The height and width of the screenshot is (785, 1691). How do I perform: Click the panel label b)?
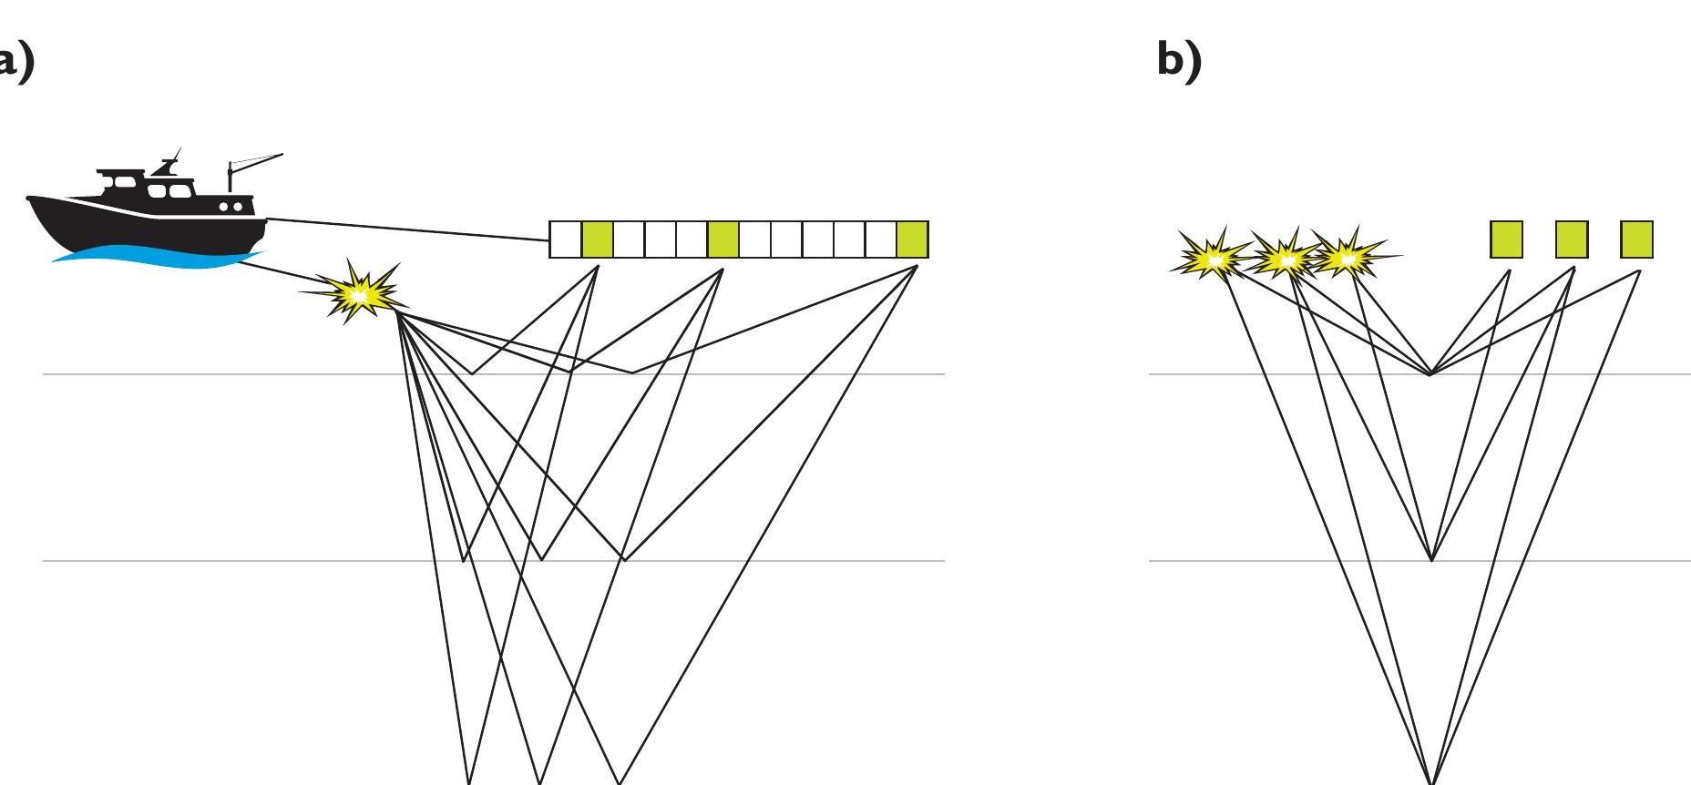click(x=1179, y=62)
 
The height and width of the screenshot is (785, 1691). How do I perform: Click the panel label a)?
click(x=16, y=62)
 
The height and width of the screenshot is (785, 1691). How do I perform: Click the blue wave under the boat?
click(x=155, y=258)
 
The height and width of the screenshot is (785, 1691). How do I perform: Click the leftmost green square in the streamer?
click(x=597, y=240)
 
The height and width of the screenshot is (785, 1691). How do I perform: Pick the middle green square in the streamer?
click(x=723, y=240)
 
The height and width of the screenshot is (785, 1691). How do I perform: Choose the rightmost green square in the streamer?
click(x=911, y=240)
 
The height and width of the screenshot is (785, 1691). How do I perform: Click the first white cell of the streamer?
click(x=565, y=240)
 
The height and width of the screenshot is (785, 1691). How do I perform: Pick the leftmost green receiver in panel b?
click(x=1506, y=240)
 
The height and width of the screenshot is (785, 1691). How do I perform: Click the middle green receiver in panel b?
click(x=1571, y=240)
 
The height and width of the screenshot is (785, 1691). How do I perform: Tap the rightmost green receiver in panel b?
click(x=1636, y=240)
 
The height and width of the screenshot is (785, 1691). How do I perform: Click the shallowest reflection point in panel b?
click(x=1430, y=373)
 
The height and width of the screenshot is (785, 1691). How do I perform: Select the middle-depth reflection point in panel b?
click(x=1431, y=559)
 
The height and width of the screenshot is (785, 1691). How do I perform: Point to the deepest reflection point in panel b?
click(x=1432, y=780)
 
